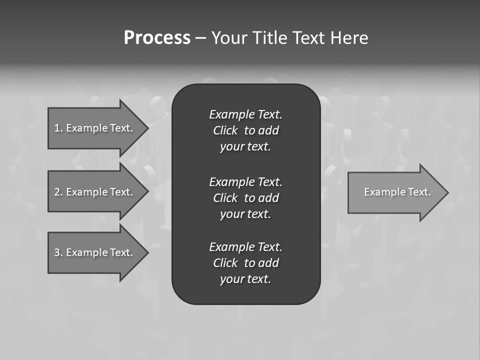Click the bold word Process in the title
[157, 38]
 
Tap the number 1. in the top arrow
[58, 128]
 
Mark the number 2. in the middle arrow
[58, 192]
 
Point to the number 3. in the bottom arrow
[58, 252]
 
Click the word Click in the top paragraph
[225, 131]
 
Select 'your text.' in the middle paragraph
[245, 214]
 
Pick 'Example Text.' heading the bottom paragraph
[245, 247]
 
